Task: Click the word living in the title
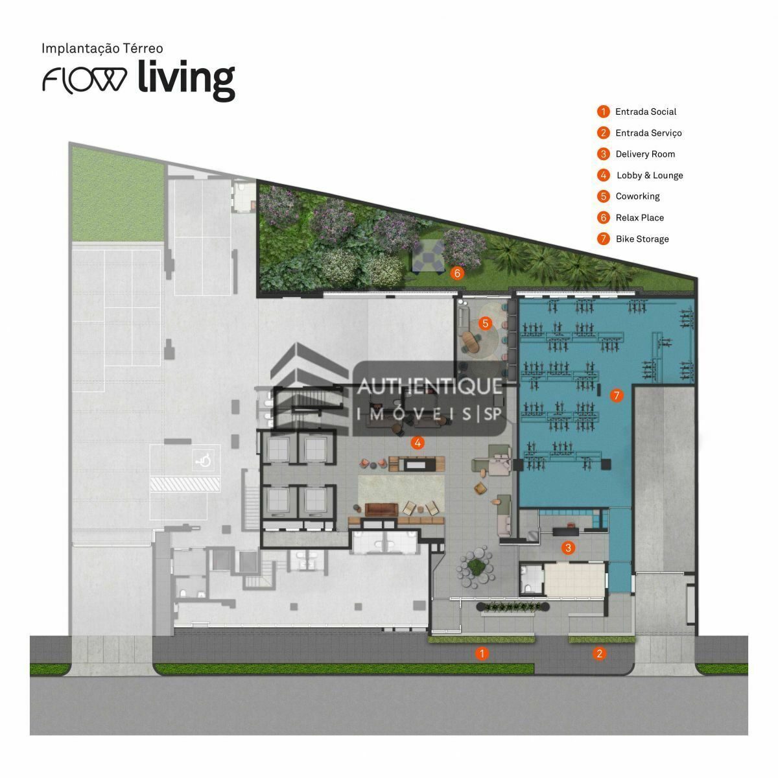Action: [186, 80]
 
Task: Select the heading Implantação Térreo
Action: [102, 48]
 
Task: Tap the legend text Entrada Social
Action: [645, 112]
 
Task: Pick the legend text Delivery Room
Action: [645, 154]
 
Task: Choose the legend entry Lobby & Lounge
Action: [649, 176]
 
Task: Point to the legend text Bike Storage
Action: [642, 239]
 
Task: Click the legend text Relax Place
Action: [639, 218]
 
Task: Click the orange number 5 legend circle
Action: [604, 196]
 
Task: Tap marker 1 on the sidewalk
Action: [481, 654]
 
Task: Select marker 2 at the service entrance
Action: [599, 654]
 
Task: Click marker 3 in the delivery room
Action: [568, 548]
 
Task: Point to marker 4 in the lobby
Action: [418, 443]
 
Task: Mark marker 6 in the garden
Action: [457, 273]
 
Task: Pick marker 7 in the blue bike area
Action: [616, 395]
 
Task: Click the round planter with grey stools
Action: [477, 567]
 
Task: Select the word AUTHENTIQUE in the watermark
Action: [430, 386]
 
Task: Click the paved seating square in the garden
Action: [429, 256]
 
